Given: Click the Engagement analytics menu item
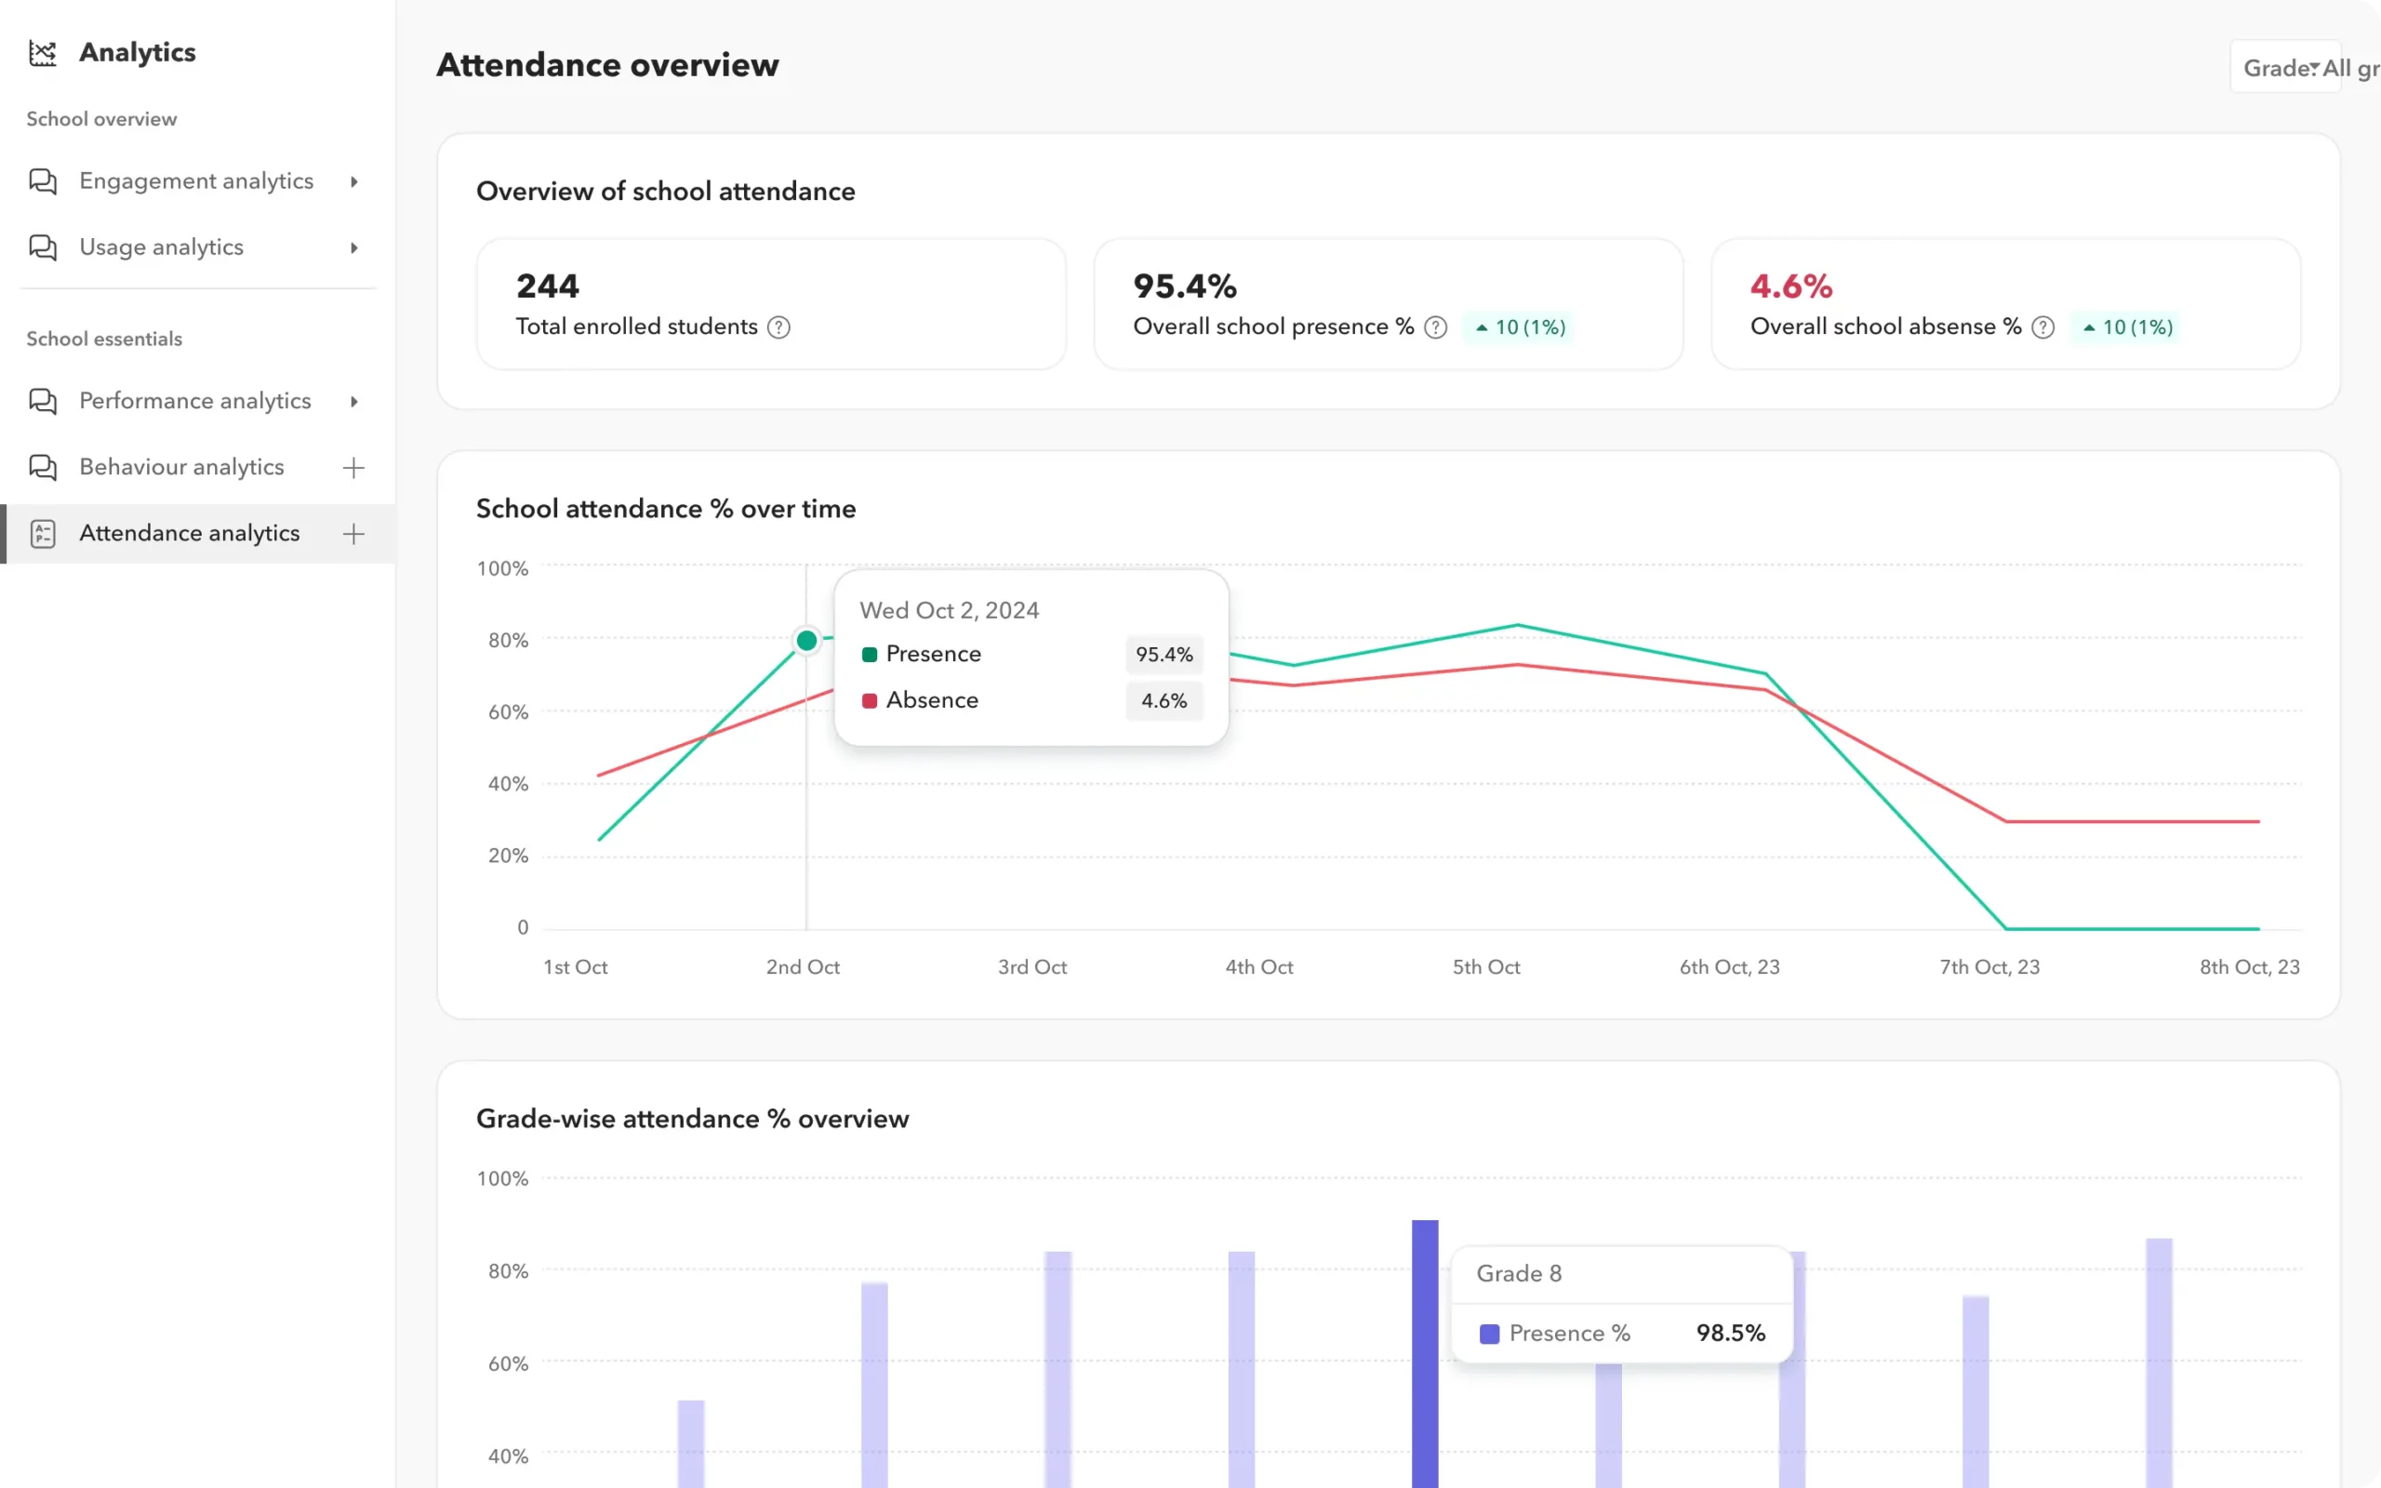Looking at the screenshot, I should [196, 181].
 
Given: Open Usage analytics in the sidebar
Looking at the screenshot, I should [161, 247].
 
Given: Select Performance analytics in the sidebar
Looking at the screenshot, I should [194, 401].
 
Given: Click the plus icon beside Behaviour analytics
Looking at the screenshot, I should [353, 468].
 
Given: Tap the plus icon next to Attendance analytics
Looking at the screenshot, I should [353, 534].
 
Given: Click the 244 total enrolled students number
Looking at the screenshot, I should [548, 286].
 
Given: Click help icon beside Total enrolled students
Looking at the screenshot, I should [778, 326].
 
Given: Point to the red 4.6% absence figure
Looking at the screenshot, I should [1790, 286].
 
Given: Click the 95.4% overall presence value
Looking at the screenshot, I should [1185, 286].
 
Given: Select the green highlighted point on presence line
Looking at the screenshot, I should [806, 641].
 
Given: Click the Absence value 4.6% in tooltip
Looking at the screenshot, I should [1164, 700].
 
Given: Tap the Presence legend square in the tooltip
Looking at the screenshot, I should [870, 655].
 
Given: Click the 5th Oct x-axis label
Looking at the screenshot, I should [1485, 966].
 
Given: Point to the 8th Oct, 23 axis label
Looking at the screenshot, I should [2249, 966].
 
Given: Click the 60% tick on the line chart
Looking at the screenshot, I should [508, 711].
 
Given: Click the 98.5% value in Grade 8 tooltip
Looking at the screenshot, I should [1730, 1333].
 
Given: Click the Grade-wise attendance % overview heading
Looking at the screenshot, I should [692, 1119].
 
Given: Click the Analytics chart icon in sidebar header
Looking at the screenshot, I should [42, 53].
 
